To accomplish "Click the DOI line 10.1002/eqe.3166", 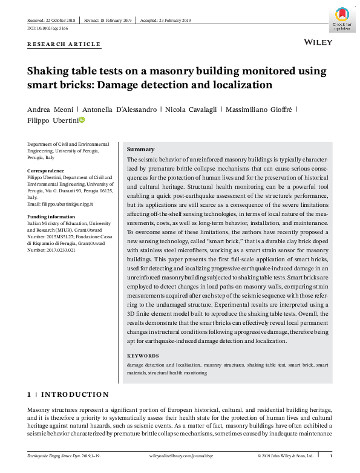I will (x=48, y=28).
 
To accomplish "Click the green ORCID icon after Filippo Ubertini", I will (x=82, y=120).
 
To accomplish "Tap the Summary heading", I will (x=140, y=149).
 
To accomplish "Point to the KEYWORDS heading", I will (x=143, y=356).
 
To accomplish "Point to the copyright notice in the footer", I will (x=286, y=455).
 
